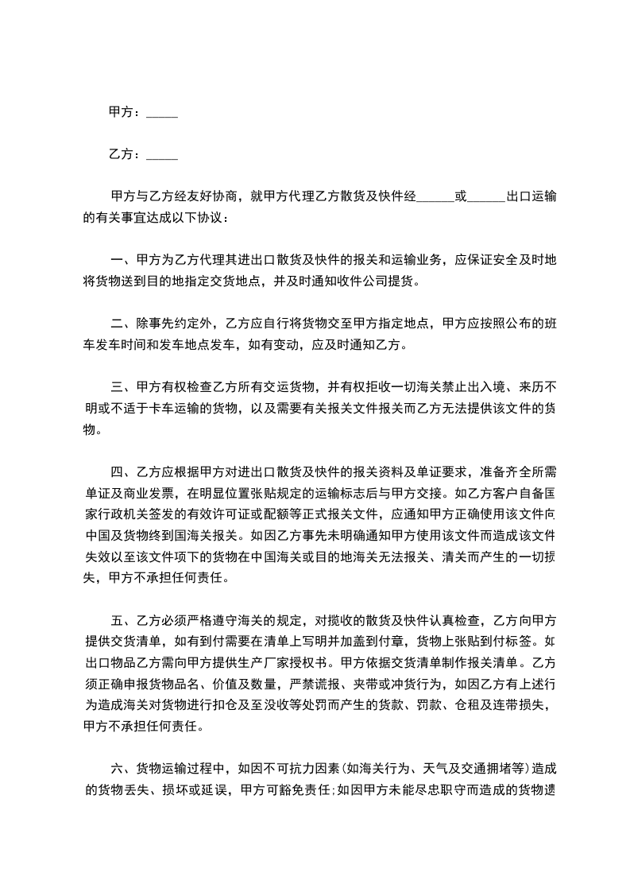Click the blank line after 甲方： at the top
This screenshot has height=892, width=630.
pos(162,114)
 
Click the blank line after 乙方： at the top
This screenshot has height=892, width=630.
pos(162,155)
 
